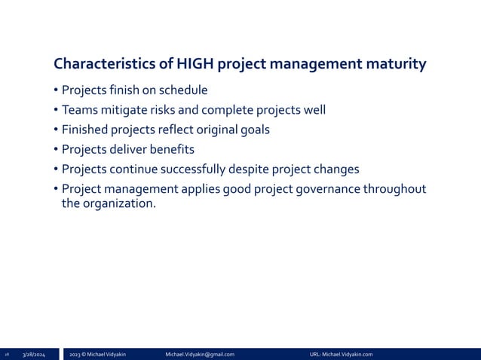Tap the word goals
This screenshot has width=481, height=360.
coord(254,130)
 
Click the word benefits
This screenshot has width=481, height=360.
coord(171,149)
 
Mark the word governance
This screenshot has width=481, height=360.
coord(320,188)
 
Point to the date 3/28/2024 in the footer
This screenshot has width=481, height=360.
coord(33,354)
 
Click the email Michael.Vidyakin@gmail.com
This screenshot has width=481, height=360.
coord(199,354)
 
